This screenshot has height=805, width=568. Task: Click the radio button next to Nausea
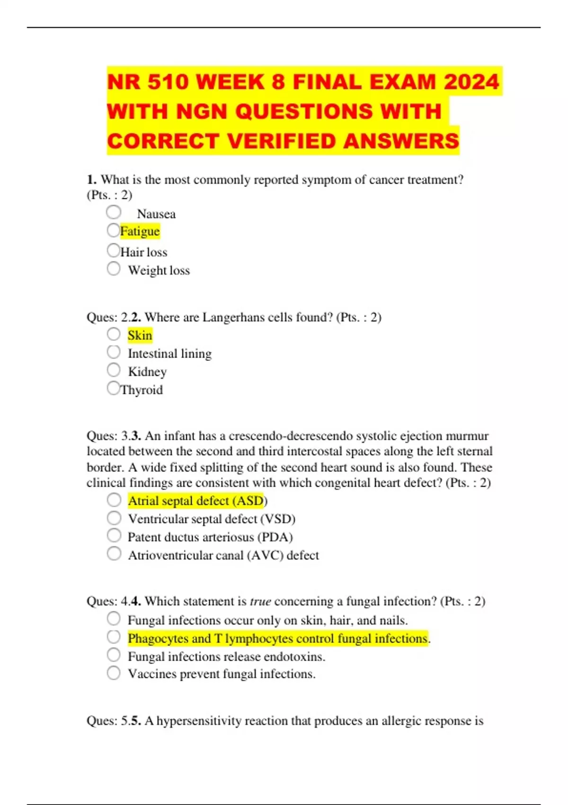(114, 212)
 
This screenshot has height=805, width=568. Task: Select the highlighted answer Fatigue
(140, 231)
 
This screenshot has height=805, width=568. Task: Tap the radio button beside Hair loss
(114, 250)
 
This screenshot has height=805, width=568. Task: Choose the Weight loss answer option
(159, 270)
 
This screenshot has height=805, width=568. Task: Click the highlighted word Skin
(140, 335)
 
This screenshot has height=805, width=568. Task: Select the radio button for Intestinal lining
(114, 352)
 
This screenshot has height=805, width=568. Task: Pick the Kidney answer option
(147, 372)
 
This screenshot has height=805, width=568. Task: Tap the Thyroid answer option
(142, 390)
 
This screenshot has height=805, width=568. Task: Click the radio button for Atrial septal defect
(114, 500)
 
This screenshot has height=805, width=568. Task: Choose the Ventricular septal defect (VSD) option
(211, 519)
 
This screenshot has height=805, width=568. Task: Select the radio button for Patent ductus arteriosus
(114, 536)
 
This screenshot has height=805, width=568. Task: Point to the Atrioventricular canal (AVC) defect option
(223, 555)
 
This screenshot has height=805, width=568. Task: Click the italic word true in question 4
(260, 601)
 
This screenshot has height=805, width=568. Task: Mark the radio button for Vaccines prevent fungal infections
(114, 672)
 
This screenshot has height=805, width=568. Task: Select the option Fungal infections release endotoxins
(226, 657)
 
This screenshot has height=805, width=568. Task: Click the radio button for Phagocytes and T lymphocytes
(114, 637)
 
